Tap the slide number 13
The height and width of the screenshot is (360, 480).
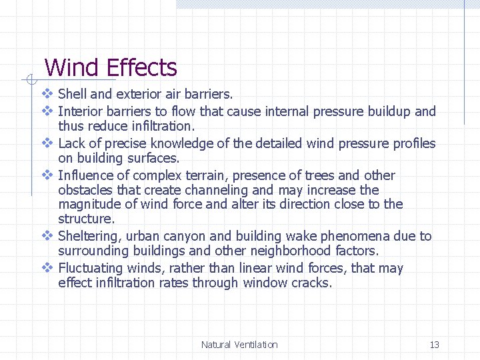tap(434, 345)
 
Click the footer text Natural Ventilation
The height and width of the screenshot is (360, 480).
tap(239, 345)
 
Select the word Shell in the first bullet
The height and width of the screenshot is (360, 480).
tap(72, 95)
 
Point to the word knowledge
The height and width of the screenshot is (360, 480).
tap(187, 143)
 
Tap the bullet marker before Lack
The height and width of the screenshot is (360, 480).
tap(47, 143)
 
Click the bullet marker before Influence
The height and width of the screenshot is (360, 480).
tap(47, 175)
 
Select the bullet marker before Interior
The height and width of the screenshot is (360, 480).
tap(47, 111)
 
